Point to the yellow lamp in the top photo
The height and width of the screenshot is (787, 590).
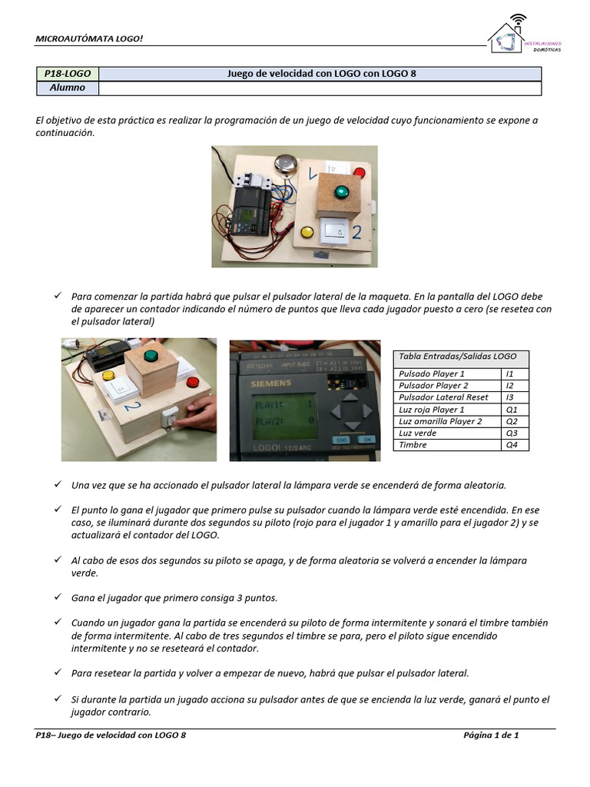pyautogui.click(x=307, y=231)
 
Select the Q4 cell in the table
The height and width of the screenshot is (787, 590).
pyautogui.click(x=514, y=445)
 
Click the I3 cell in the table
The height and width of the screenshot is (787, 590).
pyautogui.click(x=514, y=397)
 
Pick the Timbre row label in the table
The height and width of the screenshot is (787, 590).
pyautogui.click(x=413, y=445)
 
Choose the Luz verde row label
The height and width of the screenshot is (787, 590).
pyautogui.click(x=418, y=433)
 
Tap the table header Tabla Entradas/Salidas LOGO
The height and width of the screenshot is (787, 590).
pyautogui.click(x=457, y=357)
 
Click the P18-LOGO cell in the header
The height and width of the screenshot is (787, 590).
pyautogui.click(x=68, y=74)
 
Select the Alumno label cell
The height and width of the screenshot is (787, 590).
pyautogui.click(x=68, y=88)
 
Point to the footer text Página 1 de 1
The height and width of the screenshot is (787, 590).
pyautogui.click(x=491, y=736)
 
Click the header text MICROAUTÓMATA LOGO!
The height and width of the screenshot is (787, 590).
pyautogui.click(x=90, y=38)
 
